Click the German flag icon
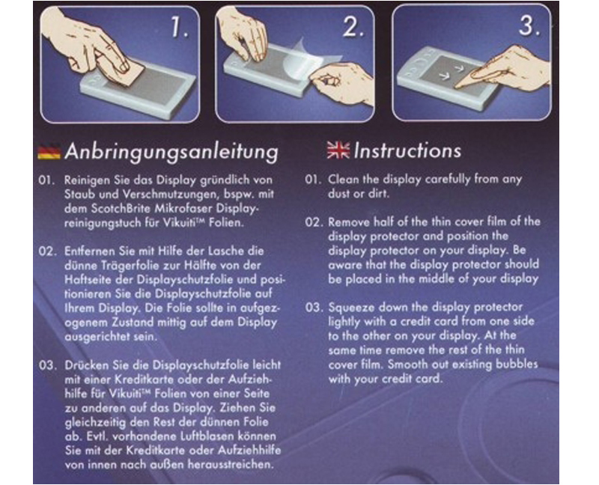(49, 151)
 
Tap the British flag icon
(338, 150)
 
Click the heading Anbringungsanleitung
(171, 152)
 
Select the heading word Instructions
(407, 150)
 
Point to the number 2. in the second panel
(353, 27)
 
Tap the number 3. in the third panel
(529, 25)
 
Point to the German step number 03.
(47, 365)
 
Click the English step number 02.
(314, 222)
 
